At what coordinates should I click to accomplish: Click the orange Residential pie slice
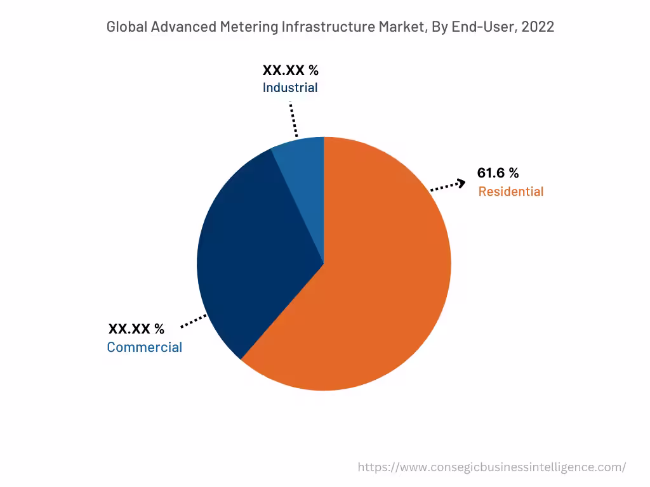[x=381, y=285]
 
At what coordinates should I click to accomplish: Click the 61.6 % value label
[x=498, y=173]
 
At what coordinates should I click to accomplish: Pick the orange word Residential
[x=510, y=192]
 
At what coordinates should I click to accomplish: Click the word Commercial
[x=144, y=347]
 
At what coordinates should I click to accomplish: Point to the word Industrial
[x=290, y=88]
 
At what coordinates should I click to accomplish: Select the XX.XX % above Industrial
[x=290, y=70]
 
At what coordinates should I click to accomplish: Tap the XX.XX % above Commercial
[x=136, y=328]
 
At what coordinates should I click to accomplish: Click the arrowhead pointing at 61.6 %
[x=461, y=183]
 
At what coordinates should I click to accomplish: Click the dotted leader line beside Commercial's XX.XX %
[x=194, y=321]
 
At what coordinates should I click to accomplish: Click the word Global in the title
[x=126, y=27]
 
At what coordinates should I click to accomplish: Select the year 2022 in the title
[x=538, y=27]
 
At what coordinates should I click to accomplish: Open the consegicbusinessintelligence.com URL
[x=491, y=467]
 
